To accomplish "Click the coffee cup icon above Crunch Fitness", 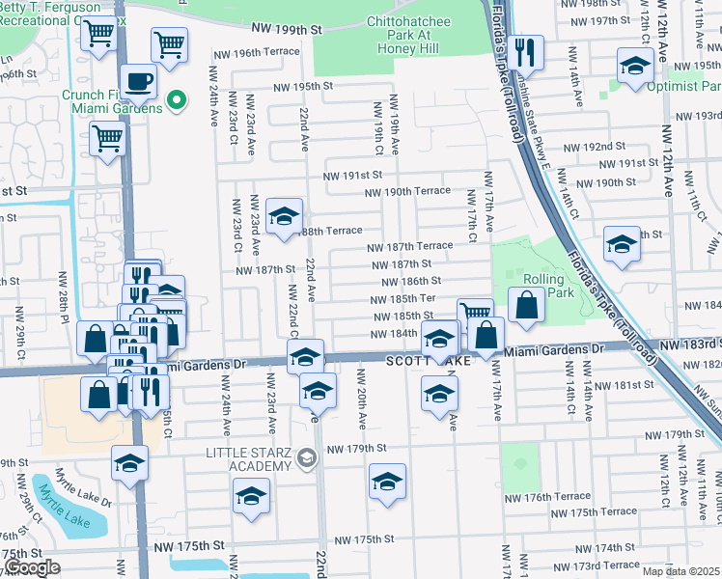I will coord(138,81).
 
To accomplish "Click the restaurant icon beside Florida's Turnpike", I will coord(525,51).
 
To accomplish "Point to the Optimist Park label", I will coord(671,85).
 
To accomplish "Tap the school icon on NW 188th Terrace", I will coord(284,216).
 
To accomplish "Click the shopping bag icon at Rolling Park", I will coord(526,306).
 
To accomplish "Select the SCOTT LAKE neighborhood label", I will coord(429,360).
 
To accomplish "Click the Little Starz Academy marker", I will coord(308,458).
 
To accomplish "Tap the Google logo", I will coord(32,567).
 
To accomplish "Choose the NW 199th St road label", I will coord(290,30).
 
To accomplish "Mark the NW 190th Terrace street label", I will coord(407,191).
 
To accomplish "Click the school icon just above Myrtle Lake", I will coord(129,462).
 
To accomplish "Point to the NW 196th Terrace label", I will coord(254,51).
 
